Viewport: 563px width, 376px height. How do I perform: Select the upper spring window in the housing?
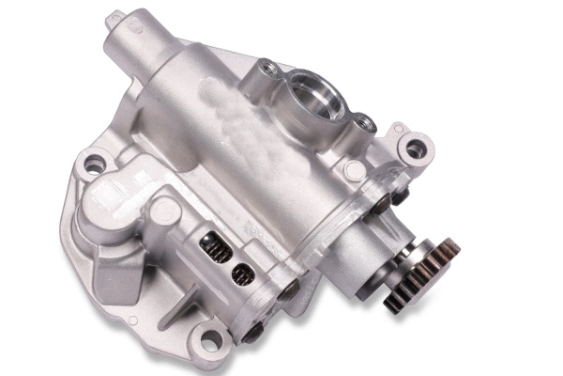pyautogui.click(x=215, y=250)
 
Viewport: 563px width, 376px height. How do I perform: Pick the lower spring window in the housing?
pyautogui.click(x=242, y=274)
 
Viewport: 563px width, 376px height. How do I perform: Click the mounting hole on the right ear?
pyautogui.click(x=415, y=148)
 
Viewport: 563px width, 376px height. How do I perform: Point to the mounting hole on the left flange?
pyautogui.click(x=94, y=165)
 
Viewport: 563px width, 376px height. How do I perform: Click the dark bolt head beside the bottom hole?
pyautogui.click(x=251, y=332)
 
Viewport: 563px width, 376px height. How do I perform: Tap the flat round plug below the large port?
pyautogui.click(x=354, y=170)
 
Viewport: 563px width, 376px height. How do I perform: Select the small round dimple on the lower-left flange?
pyautogui.click(x=132, y=321)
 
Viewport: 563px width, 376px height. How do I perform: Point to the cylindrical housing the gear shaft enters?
pyautogui.click(x=357, y=254)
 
